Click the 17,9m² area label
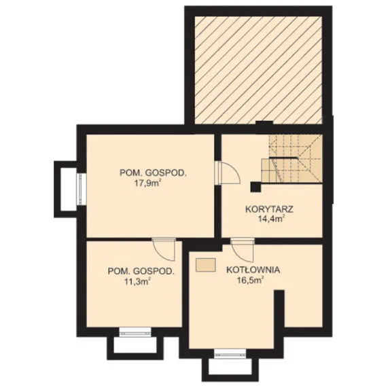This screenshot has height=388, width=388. [147, 183]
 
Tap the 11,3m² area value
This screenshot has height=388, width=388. [138, 281]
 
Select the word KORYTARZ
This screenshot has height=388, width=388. [269, 209]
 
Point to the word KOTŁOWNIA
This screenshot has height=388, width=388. [253, 270]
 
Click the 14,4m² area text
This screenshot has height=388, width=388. [270, 219]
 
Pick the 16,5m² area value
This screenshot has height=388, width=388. [250, 281]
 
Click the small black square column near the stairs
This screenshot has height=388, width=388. [256, 187]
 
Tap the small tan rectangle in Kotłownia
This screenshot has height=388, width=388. [205, 265]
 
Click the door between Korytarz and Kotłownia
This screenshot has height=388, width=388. [243, 251]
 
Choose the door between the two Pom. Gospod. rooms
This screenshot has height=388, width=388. [164, 249]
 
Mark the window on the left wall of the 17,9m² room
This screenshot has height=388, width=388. [81, 190]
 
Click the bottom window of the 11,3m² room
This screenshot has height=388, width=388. [135, 332]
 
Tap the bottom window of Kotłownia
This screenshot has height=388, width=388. [230, 353]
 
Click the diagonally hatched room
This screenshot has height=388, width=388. [258, 70]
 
